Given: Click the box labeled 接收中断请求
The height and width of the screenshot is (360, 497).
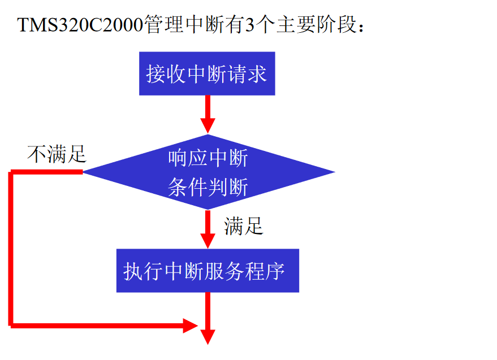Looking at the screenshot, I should (207, 73).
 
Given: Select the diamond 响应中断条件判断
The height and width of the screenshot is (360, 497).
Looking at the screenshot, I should (208, 172).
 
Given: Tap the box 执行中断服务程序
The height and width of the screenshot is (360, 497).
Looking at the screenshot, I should (208, 271).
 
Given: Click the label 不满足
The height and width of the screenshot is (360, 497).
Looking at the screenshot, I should (57, 154).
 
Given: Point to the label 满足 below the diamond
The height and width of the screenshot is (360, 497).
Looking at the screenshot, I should (244, 226).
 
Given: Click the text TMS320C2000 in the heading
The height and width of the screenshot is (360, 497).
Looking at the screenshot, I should (80, 25).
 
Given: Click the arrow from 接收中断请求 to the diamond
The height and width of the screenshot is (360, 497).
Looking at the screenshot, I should (208, 113).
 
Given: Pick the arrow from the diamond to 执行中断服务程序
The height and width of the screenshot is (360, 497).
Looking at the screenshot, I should (208, 228).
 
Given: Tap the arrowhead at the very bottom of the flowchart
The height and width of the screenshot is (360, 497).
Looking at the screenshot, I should (208, 336).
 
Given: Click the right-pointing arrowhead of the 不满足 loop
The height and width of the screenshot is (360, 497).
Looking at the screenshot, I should (190, 325).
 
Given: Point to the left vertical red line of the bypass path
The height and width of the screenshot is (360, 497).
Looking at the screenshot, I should (11, 249).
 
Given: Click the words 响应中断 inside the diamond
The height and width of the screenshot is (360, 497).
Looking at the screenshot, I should (208, 159).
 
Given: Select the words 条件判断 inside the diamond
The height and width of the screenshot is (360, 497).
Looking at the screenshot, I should (208, 187).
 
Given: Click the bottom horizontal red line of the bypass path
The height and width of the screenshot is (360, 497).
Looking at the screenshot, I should (96, 325).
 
